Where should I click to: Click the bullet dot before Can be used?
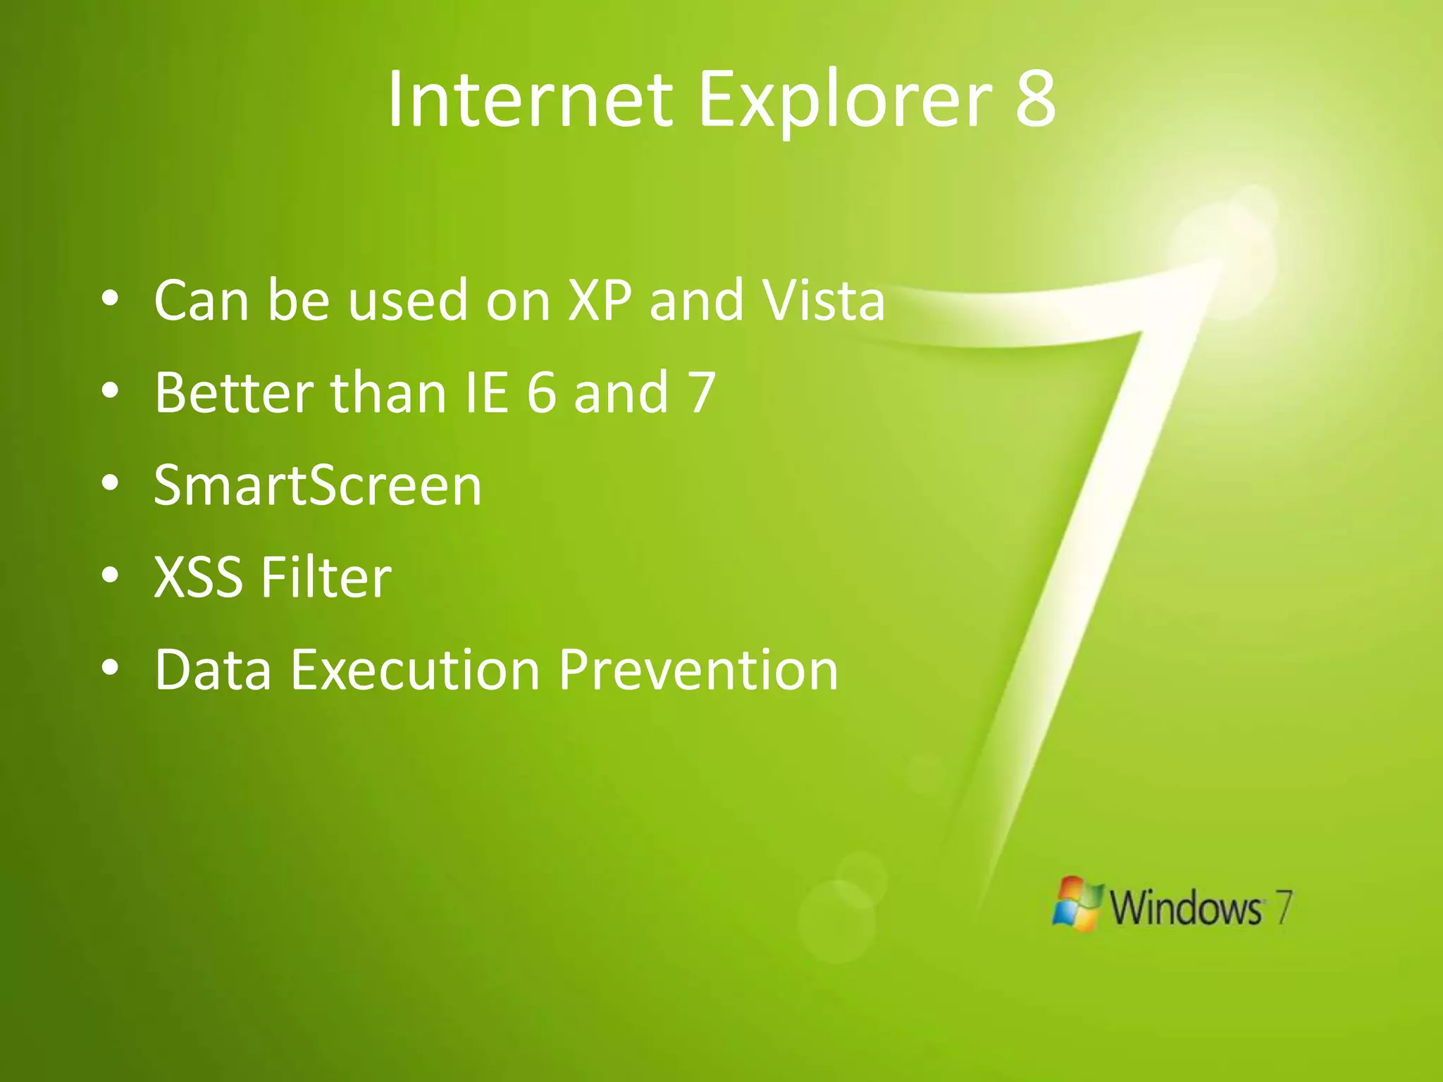pyautogui.click(x=110, y=299)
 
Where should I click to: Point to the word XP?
pyautogui.click(x=600, y=300)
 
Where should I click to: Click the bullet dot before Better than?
pyautogui.click(x=110, y=391)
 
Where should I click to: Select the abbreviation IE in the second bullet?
pyautogui.click(x=487, y=392)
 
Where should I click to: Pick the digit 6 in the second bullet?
pyautogui.click(x=541, y=392)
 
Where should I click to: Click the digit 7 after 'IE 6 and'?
pyautogui.click(x=702, y=392)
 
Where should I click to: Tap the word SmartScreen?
pyautogui.click(x=318, y=485)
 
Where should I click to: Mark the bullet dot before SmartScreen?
pyautogui.click(x=110, y=483)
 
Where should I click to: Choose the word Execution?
pyautogui.click(x=415, y=670)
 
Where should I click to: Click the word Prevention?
pyautogui.click(x=698, y=670)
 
